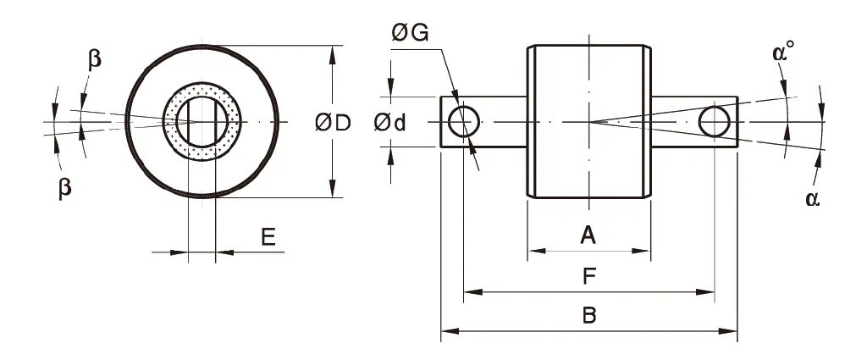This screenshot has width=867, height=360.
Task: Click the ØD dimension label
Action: pos(333,123)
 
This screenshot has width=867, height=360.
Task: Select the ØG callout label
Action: pos(410,34)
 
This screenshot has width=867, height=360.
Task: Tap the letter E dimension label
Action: pos(268,237)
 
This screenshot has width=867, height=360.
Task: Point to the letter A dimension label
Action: pos(588,235)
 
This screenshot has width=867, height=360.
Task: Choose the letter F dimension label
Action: pos(588,276)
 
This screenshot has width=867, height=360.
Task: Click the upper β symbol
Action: pos(95,60)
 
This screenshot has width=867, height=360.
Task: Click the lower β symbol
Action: pos(64,188)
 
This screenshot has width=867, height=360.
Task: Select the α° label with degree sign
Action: pos(784,53)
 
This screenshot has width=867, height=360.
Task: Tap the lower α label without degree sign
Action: pos(813,198)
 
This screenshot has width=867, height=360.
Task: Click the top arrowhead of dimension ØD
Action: pos(331,53)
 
